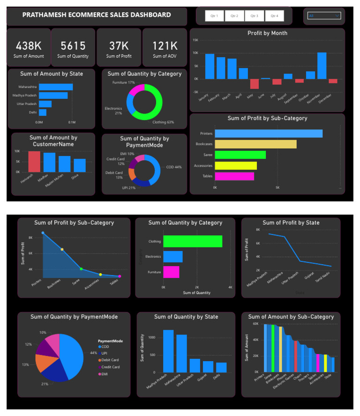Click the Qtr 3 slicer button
click(254, 16)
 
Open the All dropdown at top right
click(324, 16)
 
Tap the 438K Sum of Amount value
click(30, 46)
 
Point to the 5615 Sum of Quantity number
click(73, 46)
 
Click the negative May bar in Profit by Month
click(255, 83)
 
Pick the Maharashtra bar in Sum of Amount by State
click(56, 87)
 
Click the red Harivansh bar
click(34, 162)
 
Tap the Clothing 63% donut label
click(163, 122)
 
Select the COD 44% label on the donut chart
click(174, 167)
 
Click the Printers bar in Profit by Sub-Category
click(269, 134)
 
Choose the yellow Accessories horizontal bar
click(236, 165)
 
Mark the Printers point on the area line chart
click(43, 233)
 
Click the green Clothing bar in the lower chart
click(192, 241)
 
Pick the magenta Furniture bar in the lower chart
click(171, 272)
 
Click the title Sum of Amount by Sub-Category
click(291, 317)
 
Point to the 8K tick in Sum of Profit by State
click(258, 230)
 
